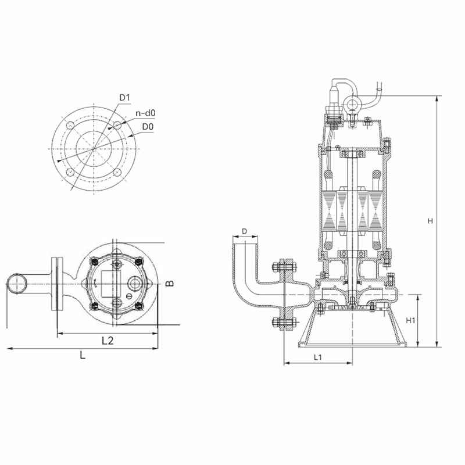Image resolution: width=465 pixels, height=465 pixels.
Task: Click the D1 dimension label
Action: (124, 98)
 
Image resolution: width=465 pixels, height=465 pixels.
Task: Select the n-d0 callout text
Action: (145, 113)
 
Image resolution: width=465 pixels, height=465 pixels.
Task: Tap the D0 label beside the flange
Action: (148, 127)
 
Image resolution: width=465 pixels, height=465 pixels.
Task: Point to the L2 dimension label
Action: (108, 341)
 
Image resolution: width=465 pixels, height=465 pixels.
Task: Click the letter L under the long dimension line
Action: (83, 355)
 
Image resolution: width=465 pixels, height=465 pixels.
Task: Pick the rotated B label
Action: (170, 284)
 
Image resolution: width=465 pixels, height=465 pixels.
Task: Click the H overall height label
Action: (430, 221)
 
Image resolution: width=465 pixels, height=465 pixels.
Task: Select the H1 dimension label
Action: (410, 321)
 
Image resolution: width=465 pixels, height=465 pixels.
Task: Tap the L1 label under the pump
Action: (317, 357)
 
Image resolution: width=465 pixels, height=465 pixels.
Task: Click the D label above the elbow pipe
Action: (244, 231)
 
